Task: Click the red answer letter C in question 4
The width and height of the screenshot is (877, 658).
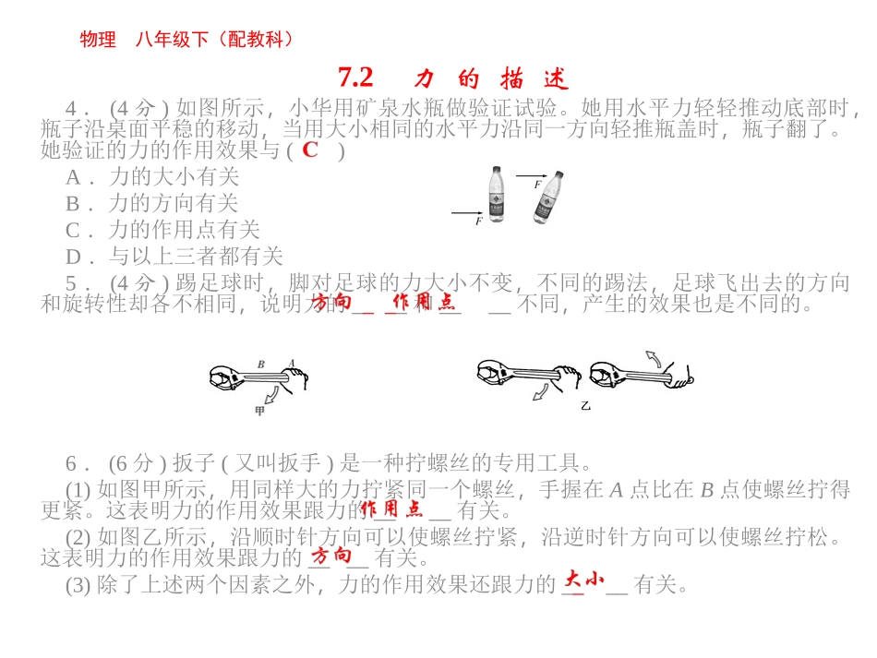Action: tap(310, 150)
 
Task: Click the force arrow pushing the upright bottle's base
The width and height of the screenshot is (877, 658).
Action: tap(467, 213)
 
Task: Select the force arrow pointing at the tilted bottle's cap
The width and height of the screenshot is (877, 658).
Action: tap(531, 175)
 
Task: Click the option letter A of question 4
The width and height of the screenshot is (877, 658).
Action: tap(73, 176)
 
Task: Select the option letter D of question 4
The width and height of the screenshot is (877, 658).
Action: tap(73, 257)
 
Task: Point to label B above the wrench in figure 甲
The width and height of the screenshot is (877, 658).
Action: tap(261, 365)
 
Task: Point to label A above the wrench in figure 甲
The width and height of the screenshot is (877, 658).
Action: tap(292, 364)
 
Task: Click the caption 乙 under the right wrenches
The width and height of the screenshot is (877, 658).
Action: tap(585, 404)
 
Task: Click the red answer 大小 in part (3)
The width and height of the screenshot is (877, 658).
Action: tap(583, 579)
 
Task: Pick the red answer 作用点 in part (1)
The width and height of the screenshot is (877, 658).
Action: tap(391, 508)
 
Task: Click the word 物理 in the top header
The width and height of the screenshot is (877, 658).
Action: tap(99, 40)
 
